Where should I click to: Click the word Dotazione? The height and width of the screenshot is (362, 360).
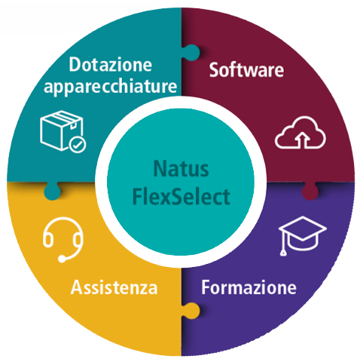click(x=111, y=64)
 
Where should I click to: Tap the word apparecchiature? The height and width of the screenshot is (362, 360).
click(x=111, y=86)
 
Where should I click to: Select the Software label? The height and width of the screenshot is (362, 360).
click(x=246, y=69)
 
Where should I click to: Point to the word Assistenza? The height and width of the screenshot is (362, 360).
click(x=114, y=287)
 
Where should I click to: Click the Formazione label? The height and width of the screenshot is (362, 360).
click(x=249, y=287)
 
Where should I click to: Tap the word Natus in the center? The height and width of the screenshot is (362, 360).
click(x=181, y=169)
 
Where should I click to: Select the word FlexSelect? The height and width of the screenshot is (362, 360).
click(x=181, y=196)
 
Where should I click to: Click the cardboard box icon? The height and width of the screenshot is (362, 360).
click(x=63, y=130)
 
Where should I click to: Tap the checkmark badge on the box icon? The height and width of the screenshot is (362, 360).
click(x=78, y=145)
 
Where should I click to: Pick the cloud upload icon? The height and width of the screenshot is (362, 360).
click(x=301, y=133)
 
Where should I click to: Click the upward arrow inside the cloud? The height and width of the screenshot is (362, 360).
click(x=303, y=140)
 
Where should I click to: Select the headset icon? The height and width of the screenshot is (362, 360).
click(x=63, y=240)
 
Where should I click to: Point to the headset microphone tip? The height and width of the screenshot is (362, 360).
click(x=62, y=259)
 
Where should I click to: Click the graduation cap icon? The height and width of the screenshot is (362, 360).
click(x=302, y=235)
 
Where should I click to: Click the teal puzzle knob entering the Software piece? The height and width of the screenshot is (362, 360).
click(x=191, y=53)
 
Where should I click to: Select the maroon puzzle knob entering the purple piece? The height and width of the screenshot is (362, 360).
click(x=310, y=191)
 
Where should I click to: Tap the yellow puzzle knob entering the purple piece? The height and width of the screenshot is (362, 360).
click(x=191, y=311)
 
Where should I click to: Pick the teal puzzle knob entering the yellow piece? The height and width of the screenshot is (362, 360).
click(x=52, y=191)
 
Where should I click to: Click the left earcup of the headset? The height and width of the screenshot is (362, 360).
click(x=47, y=239)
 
